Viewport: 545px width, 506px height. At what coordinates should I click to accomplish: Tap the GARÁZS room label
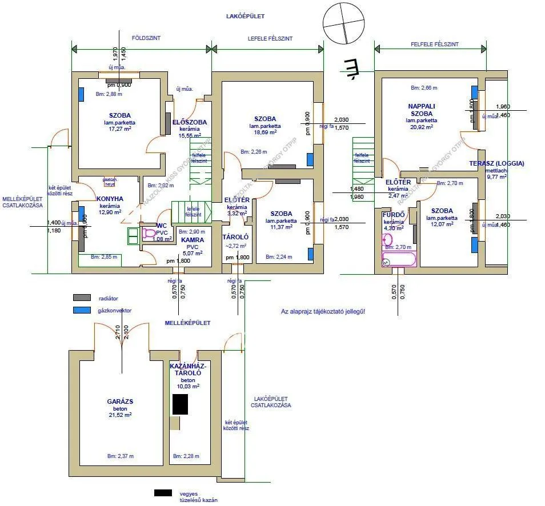click(120, 401)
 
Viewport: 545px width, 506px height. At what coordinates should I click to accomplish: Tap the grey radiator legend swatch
click(82, 298)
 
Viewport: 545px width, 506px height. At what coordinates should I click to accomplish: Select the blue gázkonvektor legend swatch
click(82, 310)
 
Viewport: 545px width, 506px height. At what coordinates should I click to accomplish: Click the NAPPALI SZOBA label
click(422, 110)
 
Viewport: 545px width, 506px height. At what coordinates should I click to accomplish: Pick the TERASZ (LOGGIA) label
click(496, 163)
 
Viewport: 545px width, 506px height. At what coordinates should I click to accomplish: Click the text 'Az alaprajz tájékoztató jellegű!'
click(323, 311)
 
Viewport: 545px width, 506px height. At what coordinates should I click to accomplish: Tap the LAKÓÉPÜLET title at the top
click(246, 17)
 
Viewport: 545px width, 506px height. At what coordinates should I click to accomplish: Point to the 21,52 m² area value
click(120, 415)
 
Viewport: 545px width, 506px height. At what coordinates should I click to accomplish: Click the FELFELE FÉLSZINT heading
click(434, 44)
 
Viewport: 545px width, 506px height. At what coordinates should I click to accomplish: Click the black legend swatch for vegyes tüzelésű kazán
click(163, 492)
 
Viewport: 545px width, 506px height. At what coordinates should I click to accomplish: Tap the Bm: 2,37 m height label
click(120, 456)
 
